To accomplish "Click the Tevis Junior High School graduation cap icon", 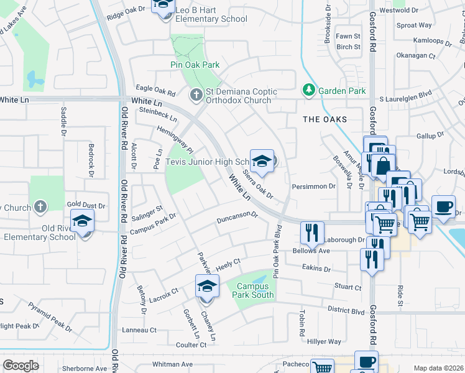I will [262, 160].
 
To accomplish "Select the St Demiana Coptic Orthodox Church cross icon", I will [196, 94].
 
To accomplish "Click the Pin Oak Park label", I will [195, 65].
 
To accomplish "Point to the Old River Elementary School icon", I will [82, 222].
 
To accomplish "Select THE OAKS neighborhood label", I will [323, 119].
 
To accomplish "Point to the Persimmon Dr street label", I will [314, 185].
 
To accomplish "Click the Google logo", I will [21, 366].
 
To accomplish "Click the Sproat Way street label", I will [414, 25].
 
